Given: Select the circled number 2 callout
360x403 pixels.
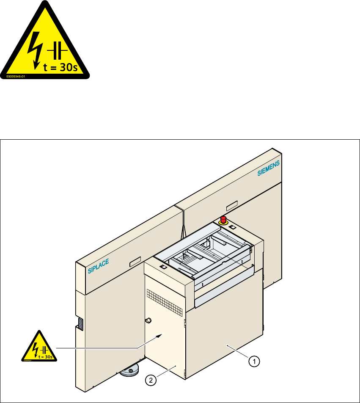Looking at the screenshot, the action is pos(150,381).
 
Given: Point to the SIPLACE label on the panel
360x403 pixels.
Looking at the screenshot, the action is pos(99,267).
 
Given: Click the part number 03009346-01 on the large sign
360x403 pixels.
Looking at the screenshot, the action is pos(16,77).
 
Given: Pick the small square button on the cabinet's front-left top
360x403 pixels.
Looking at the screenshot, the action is pos(163,267).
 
